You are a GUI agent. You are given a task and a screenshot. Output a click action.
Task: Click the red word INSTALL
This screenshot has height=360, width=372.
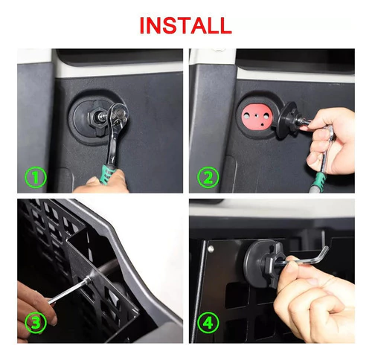[185, 25]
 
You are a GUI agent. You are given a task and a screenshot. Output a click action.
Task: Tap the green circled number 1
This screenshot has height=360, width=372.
[36, 177]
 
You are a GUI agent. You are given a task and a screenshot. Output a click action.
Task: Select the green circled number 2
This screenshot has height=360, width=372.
[208, 177]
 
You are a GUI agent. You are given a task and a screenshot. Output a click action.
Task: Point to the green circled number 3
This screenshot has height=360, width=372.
[36, 323]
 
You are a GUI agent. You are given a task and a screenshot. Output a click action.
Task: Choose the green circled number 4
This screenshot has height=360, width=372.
[208, 323]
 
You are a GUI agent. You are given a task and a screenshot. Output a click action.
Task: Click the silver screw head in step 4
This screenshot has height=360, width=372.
[211, 249]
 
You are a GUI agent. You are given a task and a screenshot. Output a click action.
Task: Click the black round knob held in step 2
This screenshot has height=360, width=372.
[289, 120]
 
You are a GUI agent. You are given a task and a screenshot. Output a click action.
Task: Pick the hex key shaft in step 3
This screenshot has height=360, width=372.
[69, 290]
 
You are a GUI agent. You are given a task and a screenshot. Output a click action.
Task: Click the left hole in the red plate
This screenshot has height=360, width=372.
[246, 116]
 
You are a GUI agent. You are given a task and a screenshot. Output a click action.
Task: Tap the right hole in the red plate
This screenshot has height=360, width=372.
[266, 116]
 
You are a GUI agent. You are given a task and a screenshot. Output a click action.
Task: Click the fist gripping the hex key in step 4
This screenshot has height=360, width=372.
[314, 300]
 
